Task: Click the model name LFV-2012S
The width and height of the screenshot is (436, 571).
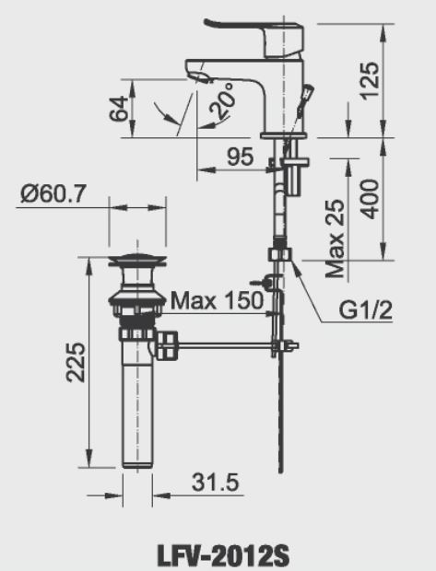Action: click(x=218, y=555)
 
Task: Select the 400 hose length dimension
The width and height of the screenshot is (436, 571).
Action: click(x=371, y=194)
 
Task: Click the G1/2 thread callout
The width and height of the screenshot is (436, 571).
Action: click(x=365, y=310)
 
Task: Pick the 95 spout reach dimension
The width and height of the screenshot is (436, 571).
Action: click(x=240, y=157)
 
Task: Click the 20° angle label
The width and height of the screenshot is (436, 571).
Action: click(x=222, y=104)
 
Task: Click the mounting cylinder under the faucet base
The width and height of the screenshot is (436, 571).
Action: click(x=294, y=175)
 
